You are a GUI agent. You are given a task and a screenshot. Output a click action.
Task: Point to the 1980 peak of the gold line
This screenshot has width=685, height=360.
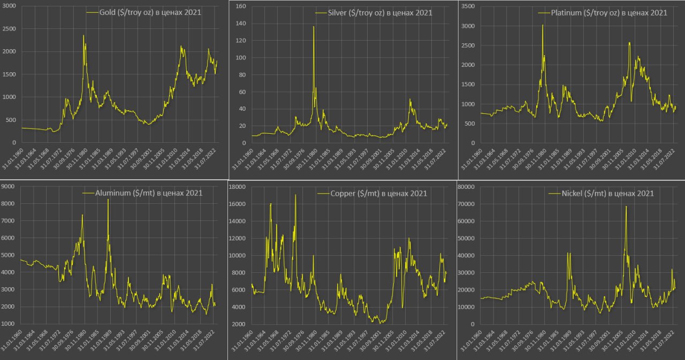pos(83,36)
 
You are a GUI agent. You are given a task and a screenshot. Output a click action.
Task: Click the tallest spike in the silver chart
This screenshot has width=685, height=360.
pos(314,27)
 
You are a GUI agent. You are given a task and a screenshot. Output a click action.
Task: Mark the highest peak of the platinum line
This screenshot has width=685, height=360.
pos(543,25)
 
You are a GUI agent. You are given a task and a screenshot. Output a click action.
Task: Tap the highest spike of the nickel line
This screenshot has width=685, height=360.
pos(626,206)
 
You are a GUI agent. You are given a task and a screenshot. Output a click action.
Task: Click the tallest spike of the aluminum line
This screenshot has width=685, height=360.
pos(108,200)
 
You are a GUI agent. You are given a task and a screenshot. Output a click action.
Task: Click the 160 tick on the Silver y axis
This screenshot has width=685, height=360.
pos(241,6)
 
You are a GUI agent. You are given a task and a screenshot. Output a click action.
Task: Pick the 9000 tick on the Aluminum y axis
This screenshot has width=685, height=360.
pos(9,186)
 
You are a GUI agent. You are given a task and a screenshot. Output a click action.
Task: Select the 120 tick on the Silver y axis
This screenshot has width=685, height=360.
pos(241,41)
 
